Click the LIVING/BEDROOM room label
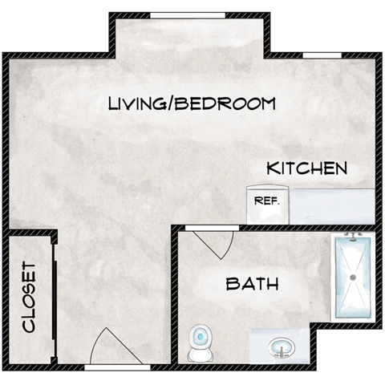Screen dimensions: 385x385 [x=192, y=103]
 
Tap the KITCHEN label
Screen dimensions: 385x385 [x=306, y=168]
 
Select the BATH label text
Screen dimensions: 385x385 [x=252, y=283]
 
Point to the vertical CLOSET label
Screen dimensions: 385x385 [x=30, y=297]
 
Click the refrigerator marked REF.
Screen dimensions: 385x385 [x=266, y=204]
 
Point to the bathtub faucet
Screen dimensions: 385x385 [x=352, y=237]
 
